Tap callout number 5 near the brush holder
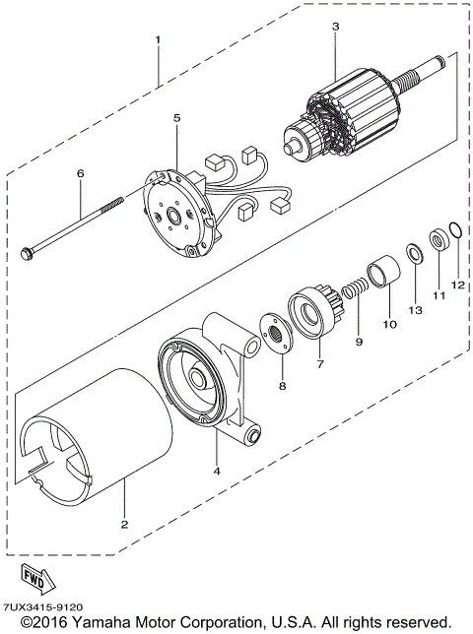pyautogui.click(x=176, y=118)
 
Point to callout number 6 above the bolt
pyautogui.click(x=81, y=173)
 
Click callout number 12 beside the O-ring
pyautogui.click(x=456, y=285)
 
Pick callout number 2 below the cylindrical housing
pyautogui.click(x=125, y=523)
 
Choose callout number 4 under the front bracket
pyautogui.click(x=217, y=470)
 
